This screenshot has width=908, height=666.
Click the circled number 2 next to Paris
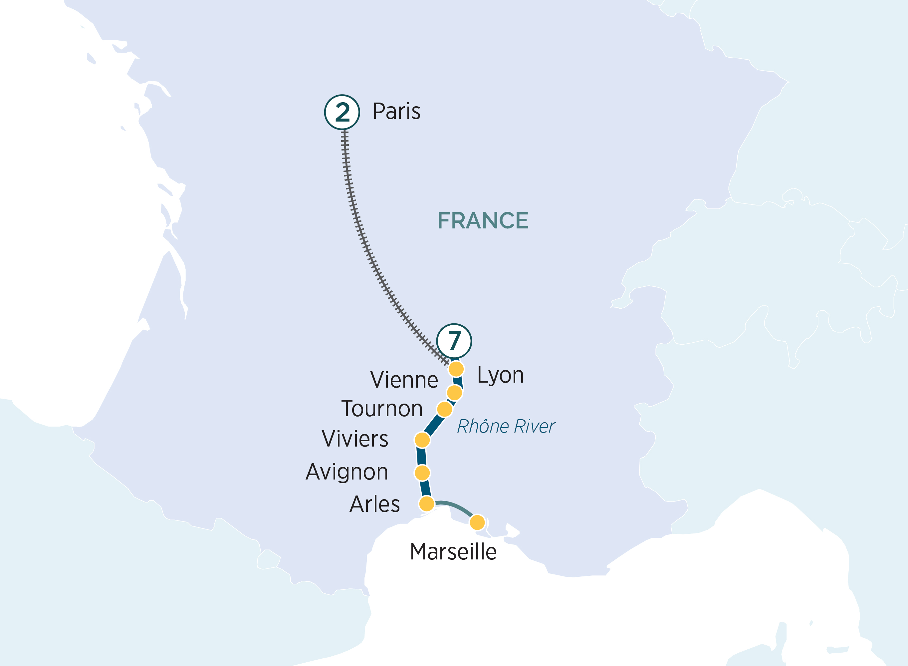(342, 112)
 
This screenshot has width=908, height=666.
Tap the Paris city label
(396, 111)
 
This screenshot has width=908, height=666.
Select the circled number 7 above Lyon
(454, 341)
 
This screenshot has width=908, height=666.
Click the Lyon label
(500, 376)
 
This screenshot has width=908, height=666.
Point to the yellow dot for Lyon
(456, 369)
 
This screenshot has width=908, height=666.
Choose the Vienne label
(404, 380)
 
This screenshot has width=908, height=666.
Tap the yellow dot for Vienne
(454, 392)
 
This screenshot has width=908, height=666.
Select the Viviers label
(355, 439)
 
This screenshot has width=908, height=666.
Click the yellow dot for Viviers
(422, 440)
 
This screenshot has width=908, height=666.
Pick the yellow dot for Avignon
(422, 473)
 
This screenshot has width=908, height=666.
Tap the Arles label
(375, 504)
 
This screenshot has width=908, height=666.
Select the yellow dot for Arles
(427, 504)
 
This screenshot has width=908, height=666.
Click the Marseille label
(453, 551)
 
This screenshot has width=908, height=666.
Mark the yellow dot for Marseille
(477, 522)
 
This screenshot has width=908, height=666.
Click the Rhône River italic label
(506, 427)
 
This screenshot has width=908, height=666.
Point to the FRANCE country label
(483, 220)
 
